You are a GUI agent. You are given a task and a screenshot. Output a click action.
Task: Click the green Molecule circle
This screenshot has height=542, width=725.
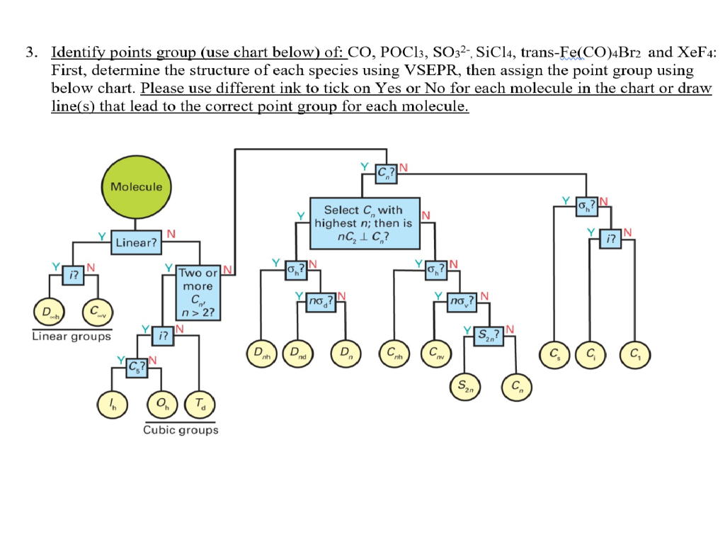tap(136, 187)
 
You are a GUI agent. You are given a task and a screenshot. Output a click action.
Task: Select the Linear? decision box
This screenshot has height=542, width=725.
tap(137, 243)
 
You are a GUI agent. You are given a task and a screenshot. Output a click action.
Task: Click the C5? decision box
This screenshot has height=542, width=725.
tap(136, 366)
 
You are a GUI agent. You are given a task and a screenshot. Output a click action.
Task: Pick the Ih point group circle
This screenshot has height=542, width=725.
tap(114, 404)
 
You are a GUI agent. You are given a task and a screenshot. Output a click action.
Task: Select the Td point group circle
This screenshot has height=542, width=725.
tap(198, 404)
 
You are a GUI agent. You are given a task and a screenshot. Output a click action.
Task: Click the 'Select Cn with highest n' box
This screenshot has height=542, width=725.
tap(363, 222)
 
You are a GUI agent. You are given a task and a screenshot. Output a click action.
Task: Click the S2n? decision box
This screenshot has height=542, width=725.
tap(487, 334)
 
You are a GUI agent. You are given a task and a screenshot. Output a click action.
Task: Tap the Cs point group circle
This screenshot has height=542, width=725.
tap(556, 353)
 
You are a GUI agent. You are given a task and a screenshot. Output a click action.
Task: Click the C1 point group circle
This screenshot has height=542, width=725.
tap(634, 353)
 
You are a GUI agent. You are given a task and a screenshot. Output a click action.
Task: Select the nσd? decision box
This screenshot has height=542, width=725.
tap(320, 303)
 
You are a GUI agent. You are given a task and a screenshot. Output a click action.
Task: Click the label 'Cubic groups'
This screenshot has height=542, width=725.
tap(181, 430)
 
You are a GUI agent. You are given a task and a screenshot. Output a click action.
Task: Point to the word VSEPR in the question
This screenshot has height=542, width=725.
tap(429, 71)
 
